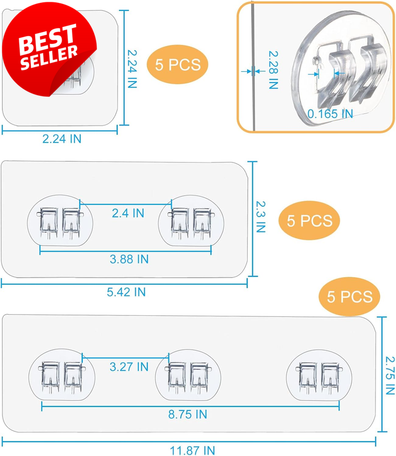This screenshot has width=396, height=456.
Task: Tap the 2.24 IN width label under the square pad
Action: [x=62, y=139]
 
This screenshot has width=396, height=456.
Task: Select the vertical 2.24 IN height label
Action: [x=132, y=69]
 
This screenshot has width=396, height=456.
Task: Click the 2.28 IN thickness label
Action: [x=273, y=70]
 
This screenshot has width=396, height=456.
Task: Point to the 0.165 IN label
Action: [x=330, y=113]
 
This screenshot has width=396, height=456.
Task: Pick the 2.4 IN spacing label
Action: [x=128, y=213]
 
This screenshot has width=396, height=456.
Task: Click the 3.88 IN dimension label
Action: [x=129, y=259]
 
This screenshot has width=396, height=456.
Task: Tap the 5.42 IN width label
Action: [x=126, y=292]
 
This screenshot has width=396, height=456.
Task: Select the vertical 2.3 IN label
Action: [x=261, y=217]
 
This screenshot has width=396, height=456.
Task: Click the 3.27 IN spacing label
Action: [x=129, y=367]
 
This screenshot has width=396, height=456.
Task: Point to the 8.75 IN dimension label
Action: [x=188, y=414]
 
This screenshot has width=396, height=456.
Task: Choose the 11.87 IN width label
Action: [x=192, y=450]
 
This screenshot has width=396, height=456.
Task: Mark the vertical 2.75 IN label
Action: [x=390, y=375]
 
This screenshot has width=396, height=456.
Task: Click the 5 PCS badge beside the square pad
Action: [x=177, y=64]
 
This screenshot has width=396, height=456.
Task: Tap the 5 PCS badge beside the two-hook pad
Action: [x=309, y=221]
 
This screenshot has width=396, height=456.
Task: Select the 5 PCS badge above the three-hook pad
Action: [x=349, y=296]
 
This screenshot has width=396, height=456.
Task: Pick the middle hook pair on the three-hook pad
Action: [x=188, y=377]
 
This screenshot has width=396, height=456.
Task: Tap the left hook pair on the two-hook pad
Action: [x=60, y=223]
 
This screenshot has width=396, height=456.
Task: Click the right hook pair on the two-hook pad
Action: [x=191, y=223]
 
